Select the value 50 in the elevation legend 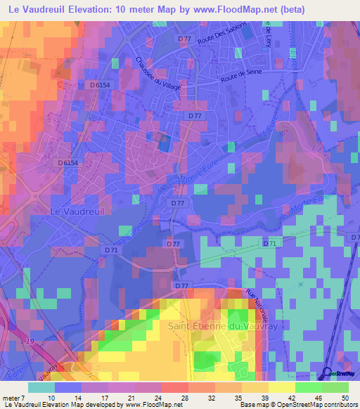(x=344, y=398)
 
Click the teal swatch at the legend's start (x=41, y=387)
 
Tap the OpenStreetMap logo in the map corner (x=336, y=375)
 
